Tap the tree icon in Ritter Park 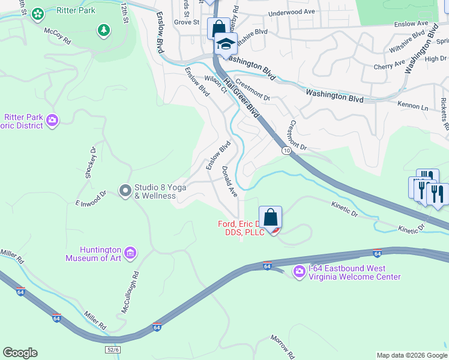(x=104, y=30)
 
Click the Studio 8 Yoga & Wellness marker (x=125, y=191)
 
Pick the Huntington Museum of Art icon (x=130, y=254)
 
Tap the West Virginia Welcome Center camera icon (x=299, y=272)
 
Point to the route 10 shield (x=288, y=150)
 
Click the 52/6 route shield (x=113, y=349)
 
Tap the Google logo (x=20, y=353)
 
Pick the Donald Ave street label (x=229, y=181)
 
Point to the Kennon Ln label (x=412, y=106)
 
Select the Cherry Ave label (x=390, y=64)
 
